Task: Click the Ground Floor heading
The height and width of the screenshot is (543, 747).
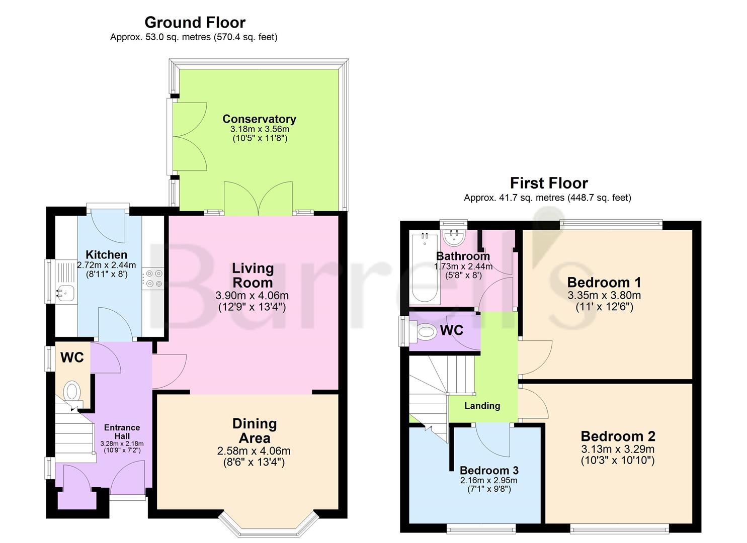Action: click(x=195, y=22)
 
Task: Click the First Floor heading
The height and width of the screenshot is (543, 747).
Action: click(x=548, y=183)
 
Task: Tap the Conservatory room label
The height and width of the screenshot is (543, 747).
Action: click(x=259, y=119)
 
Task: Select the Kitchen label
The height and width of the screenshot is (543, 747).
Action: click(x=106, y=254)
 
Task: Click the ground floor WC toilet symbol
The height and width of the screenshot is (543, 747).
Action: click(x=72, y=391)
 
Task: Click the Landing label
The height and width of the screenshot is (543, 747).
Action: click(x=482, y=406)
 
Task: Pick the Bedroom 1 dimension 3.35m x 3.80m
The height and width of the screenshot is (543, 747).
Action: click(x=604, y=295)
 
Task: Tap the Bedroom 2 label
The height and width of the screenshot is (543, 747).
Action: click(x=618, y=436)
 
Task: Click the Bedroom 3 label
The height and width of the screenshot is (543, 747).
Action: click(x=489, y=471)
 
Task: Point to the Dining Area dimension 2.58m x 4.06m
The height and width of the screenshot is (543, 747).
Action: click(x=254, y=451)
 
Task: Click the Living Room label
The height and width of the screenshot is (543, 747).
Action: click(x=253, y=275)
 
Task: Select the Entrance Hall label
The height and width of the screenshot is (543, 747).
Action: click(x=122, y=431)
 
